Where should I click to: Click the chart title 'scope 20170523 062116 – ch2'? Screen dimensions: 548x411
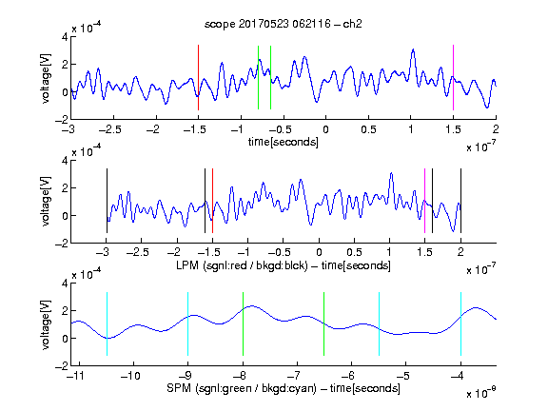tap(284, 24)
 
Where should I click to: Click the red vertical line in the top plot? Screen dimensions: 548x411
tap(198, 78)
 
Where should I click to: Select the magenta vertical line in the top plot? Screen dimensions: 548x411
tap(453, 78)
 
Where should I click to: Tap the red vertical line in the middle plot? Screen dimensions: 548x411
tap(212, 201)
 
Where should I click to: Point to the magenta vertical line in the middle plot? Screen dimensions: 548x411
tap(424, 201)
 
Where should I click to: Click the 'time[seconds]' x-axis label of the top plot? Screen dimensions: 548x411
tap(284, 142)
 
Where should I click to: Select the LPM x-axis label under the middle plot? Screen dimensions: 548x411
tap(284, 265)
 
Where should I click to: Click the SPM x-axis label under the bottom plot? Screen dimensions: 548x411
tap(284, 388)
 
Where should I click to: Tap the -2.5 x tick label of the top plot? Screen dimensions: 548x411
tap(110, 129)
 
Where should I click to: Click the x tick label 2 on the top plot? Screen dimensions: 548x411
tap(496, 129)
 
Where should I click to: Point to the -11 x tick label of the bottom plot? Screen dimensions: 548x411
tap(76, 376)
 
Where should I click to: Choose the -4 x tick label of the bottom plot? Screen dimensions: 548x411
tap(458, 376)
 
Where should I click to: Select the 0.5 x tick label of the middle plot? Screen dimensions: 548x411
tap(354, 252)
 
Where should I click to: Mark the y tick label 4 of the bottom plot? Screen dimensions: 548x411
tap(65, 284)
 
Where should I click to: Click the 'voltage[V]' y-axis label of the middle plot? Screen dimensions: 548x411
tap(46, 202)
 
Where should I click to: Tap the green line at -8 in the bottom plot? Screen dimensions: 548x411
tap(243, 324)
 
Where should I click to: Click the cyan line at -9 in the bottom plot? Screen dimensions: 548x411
tap(187, 324)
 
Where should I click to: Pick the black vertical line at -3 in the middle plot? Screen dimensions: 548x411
tap(107, 201)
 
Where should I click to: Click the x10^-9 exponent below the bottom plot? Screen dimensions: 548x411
tap(481, 393)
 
